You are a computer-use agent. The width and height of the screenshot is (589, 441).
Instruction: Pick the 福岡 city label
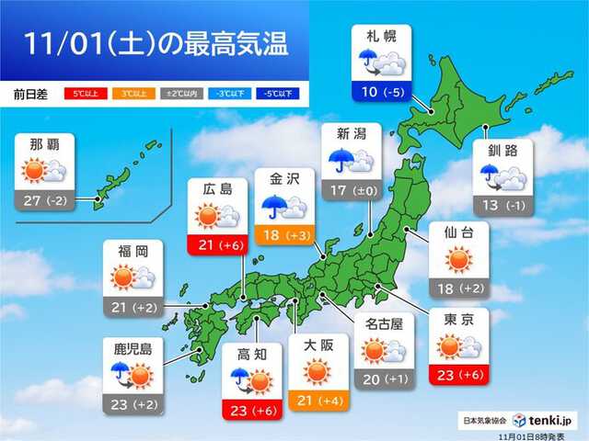(134, 251)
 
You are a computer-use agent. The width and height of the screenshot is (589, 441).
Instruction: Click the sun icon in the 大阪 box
(318, 371)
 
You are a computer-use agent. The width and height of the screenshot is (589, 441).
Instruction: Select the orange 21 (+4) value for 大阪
(318, 400)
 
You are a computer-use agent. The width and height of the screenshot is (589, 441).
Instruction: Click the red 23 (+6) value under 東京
(458, 375)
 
